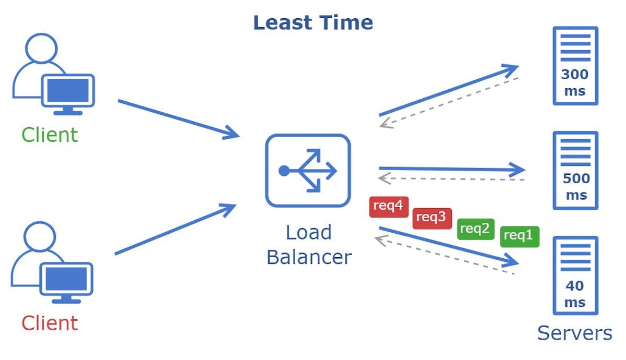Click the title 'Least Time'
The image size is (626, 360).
coord(313,23)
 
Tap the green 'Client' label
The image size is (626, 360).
coord(50,135)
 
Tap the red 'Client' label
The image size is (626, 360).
coord(50,323)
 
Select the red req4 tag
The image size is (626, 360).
coord(389,207)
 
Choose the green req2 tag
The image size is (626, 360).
coord(475,229)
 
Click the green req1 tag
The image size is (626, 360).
coord(520,236)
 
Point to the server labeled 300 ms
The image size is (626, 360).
coord(574,66)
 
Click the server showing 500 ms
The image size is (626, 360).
coord(575,171)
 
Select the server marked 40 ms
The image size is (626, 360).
coord(575,275)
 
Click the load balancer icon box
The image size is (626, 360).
coord(308,171)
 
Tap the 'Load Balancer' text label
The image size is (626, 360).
coord(309,245)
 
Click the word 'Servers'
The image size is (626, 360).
coord(574,333)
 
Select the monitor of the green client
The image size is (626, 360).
coord(68,92)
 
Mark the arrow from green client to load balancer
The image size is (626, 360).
coord(177,118)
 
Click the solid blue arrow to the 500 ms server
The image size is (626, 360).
coord(451,169)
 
